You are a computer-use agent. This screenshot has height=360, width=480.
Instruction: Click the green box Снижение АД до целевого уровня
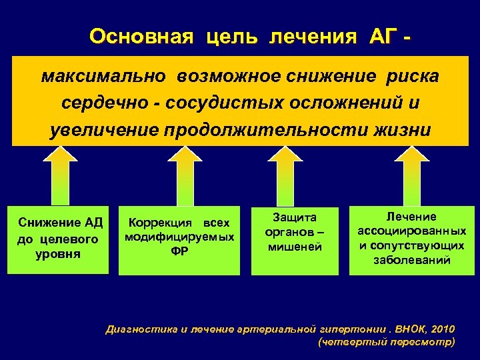tap(58, 239)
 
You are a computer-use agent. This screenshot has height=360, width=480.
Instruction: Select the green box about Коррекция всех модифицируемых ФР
tap(179, 239)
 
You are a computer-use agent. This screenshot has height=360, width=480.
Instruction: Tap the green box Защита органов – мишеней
tap(295, 239)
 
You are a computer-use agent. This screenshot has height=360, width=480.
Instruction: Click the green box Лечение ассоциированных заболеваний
tap(411, 239)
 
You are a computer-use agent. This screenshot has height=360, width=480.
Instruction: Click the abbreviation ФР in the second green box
tap(179, 251)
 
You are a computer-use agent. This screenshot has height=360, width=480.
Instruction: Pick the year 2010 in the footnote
tap(443, 329)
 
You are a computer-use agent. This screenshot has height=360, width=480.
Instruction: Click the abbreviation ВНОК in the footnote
tap(407, 329)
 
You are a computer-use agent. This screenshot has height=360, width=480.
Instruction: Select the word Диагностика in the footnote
tap(137, 329)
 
